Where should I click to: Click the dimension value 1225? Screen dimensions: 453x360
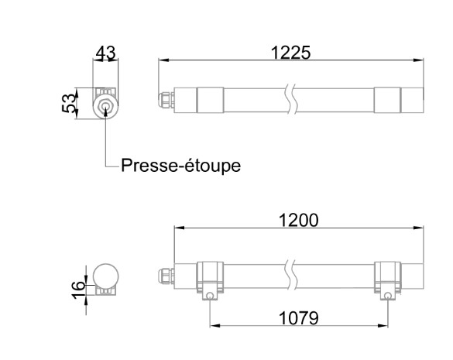click(x=291, y=53)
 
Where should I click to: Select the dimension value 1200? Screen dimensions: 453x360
click(x=298, y=220)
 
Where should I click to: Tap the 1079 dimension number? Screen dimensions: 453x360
click(x=298, y=318)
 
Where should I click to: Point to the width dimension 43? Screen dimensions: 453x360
click(x=106, y=53)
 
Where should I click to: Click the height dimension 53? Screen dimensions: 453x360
click(x=70, y=103)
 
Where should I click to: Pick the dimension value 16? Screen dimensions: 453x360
click(x=78, y=290)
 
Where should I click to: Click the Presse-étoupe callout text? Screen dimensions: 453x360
click(x=181, y=166)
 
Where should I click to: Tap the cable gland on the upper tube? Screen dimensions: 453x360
click(x=166, y=100)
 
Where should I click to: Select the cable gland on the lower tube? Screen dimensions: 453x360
click(x=166, y=276)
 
